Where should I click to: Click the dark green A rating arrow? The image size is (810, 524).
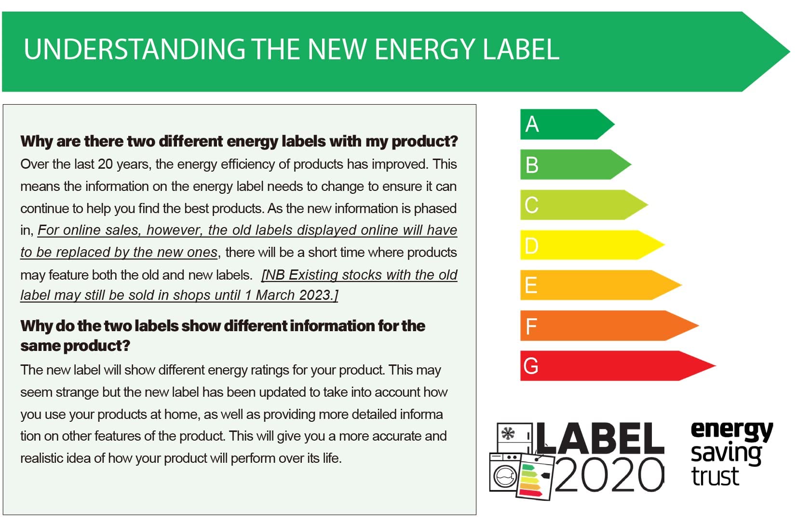point(564,124)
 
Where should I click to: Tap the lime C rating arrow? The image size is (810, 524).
point(581,205)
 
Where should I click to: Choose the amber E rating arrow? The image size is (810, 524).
point(598,285)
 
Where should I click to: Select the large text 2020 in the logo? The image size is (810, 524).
point(609,475)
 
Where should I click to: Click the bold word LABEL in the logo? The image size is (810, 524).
point(600,438)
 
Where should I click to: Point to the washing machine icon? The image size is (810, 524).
point(504,475)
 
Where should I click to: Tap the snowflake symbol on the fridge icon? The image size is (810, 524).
point(508,433)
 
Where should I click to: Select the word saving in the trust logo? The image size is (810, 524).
point(726,453)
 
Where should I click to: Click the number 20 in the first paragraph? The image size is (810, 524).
point(105,164)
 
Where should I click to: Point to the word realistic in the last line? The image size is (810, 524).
point(41,458)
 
